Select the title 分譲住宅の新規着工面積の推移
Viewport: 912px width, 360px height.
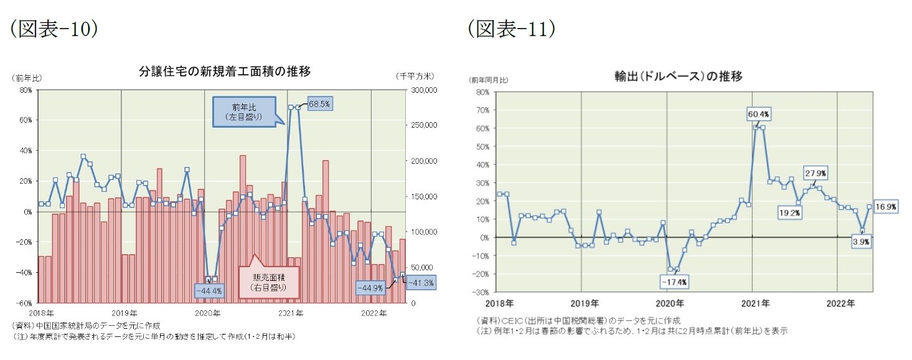[x=225, y=71]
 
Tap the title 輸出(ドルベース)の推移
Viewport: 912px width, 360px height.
[x=678, y=77]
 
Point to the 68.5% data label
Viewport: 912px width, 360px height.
[x=320, y=103]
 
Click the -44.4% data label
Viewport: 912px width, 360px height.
[x=209, y=290]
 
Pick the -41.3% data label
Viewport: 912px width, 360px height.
[x=421, y=283]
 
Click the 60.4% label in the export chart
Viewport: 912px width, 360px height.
[x=759, y=114]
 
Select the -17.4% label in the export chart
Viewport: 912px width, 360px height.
[x=674, y=282]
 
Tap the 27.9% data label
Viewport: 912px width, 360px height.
[x=815, y=173]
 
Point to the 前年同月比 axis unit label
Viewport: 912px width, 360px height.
[x=489, y=80]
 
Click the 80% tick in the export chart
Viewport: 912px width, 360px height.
[x=483, y=92]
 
